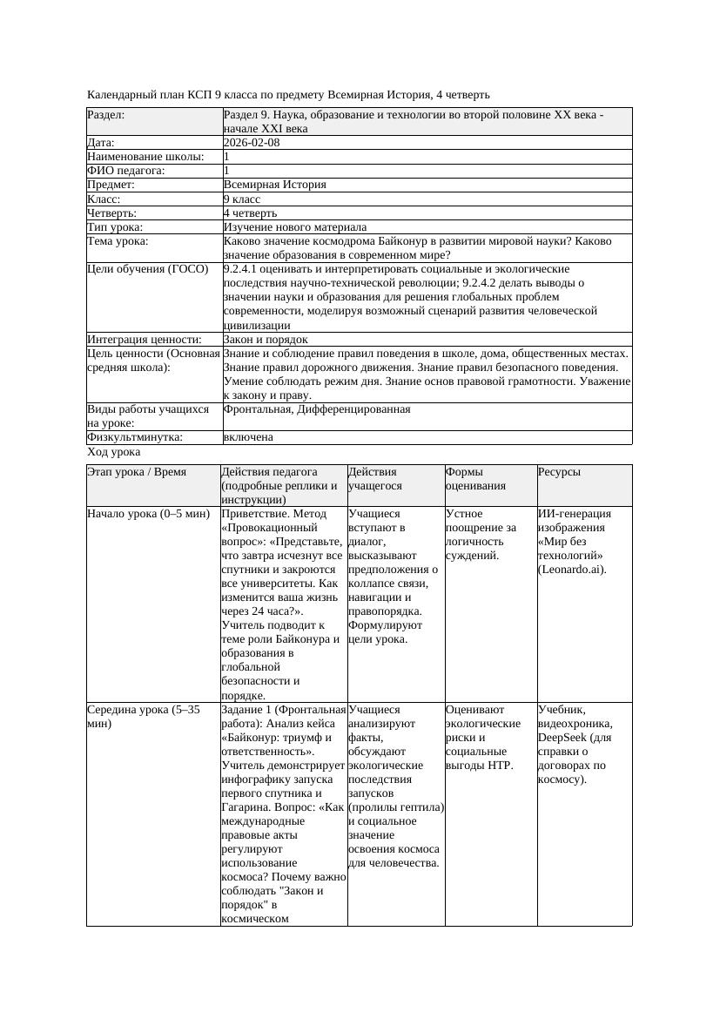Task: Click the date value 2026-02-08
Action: pyautogui.click(x=252, y=143)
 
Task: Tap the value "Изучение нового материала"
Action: pyautogui.click(x=295, y=227)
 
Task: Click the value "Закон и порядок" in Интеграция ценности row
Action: pyautogui.click(x=266, y=340)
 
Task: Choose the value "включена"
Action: pyautogui.click(x=248, y=437)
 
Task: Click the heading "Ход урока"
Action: pyautogui.click(x=114, y=453)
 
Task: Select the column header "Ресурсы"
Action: pyautogui.click(x=559, y=472)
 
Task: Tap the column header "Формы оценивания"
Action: pyautogui.click(x=475, y=479)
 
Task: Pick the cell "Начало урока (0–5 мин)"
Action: pyautogui.click(x=149, y=514)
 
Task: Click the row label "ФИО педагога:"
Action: pyautogui.click(x=126, y=171)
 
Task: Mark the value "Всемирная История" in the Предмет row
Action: pyautogui.click(x=275, y=185)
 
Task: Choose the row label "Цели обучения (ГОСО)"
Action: pyautogui.click(x=148, y=269)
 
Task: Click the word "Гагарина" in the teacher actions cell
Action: pyautogui.click(x=246, y=807)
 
